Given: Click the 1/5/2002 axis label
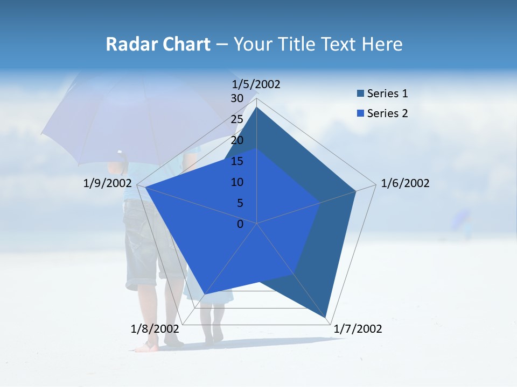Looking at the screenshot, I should pyautogui.click(x=256, y=84).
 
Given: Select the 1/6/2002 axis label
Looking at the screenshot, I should pyautogui.click(x=405, y=183).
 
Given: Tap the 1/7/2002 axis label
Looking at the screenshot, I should pyautogui.click(x=358, y=329).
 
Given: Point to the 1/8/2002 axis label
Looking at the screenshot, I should pyautogui.click(x=155, y=329).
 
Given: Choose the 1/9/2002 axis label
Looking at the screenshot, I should pyautogui.click(x=108, y=183).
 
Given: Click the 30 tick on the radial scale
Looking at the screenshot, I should pyautogui.click(x=237, y=98).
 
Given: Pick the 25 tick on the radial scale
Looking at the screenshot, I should pyautogui.click(x=237, y=119).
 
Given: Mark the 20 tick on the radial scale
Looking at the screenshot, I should pyautogui.click(x=237, y=140).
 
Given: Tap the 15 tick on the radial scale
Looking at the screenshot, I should pyautogui.click(x=237, y=161).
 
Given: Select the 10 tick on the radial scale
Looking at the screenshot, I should pyautogui.click(x=237, y=182).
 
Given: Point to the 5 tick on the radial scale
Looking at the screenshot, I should pyautogui.click(x=240, y=203).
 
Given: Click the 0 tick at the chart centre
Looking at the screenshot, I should pyautogui.click(x=240, y=224).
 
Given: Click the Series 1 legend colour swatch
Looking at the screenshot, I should pyautogui.click(x=360, y=94).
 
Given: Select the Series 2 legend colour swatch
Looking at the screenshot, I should pyautogui.click(x=360, y=113).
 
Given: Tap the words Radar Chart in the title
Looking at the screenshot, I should pyautogui.click(x=158, y=44).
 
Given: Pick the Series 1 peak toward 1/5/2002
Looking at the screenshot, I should pyautogui.click(x=256, y=107).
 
